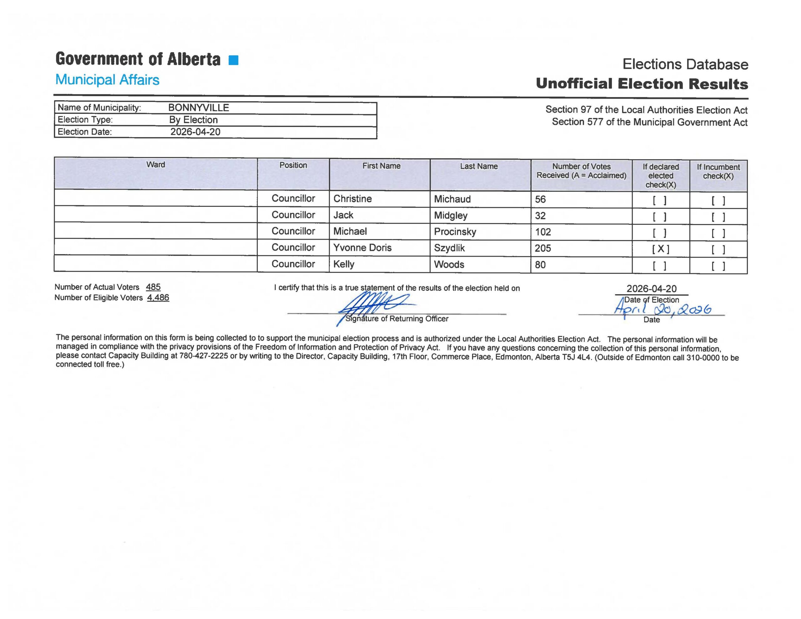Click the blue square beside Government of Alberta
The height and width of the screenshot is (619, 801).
click(x=233, y=60)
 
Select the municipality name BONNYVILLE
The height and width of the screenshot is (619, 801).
click(x=198, y=108)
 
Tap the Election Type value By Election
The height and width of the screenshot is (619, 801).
click(x=193, y=120)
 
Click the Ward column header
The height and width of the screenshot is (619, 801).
click(x=156, y=165)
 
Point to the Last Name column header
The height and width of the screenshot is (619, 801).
click(x=479, y=166)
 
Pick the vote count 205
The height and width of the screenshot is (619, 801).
click(x=543, y=248)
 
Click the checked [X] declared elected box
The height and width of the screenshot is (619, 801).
click(x=661, y=249)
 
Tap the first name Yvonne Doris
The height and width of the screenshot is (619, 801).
click(x=362, y=248)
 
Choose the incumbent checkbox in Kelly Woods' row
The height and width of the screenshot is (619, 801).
click(x=718, y=266)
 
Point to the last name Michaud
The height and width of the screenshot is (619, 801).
click(x=452, y=199)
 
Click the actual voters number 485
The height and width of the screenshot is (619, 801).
click(x=153, y=287)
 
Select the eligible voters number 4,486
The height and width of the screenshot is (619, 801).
click(x=158, y=298)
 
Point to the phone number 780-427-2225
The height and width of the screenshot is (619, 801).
click(x=204, y=356)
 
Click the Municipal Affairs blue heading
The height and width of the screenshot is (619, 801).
click(x=107, y=79)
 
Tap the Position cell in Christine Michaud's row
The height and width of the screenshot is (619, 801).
click(x=293, y=198)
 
